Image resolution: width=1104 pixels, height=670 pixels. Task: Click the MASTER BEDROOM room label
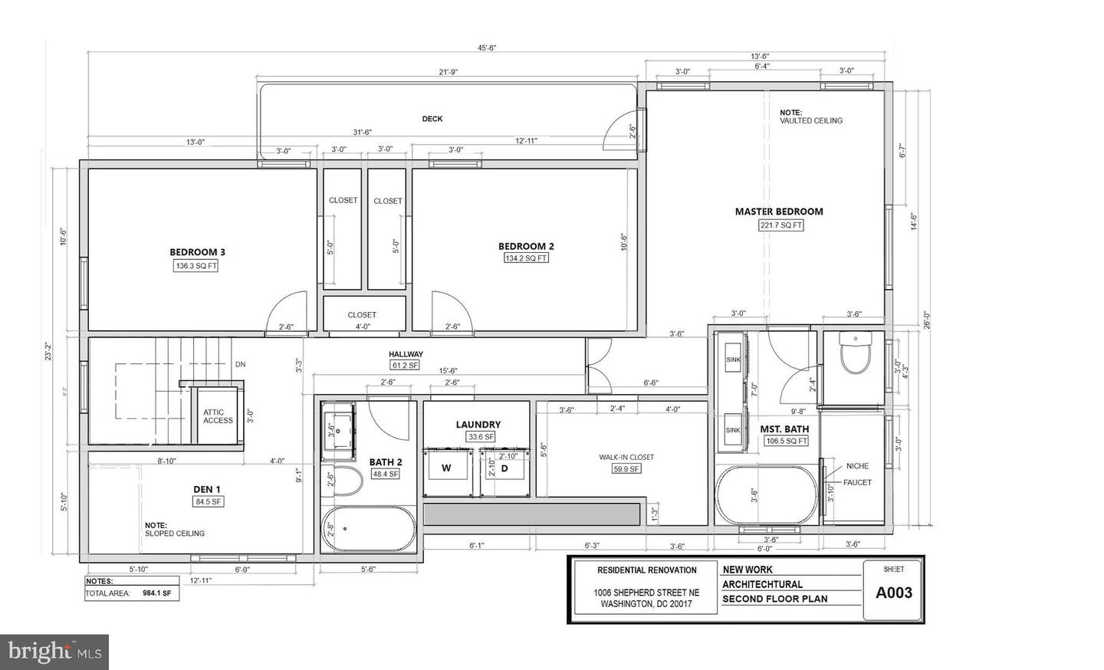779,212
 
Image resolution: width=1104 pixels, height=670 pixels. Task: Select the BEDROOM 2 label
526,246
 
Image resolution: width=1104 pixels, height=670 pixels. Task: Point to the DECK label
432,119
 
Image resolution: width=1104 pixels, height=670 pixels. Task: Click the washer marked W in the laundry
445,468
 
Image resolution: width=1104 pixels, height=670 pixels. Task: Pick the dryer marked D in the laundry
504,468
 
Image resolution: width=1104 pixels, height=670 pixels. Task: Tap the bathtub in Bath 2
369,528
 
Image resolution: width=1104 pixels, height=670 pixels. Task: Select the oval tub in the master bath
766,494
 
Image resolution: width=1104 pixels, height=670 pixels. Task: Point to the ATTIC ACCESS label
218,416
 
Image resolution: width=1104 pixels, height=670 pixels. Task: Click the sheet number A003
894,592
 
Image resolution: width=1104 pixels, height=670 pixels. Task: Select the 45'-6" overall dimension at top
488,48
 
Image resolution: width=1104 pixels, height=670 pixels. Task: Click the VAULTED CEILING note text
811,120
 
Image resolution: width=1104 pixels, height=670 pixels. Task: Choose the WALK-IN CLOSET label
626,457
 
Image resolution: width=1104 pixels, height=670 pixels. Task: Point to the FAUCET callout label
857,482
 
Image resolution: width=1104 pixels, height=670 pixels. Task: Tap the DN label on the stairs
240,364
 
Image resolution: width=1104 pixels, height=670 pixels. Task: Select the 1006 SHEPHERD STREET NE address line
646,592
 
